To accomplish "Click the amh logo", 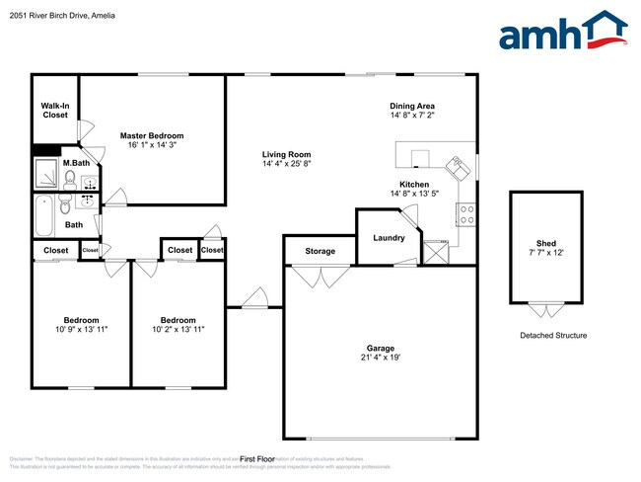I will (x=563, y=31).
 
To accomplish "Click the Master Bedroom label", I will (x=152, y=135).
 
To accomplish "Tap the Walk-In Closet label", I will (x=54, y=110).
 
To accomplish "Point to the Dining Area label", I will (x=412, y=106).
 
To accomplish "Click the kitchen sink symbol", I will (x=459, y=167).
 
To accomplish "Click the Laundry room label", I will (x=389, y=238).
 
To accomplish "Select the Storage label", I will (x=320, y=251).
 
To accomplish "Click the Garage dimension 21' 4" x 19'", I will (x=381, y=360).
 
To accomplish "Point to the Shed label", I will (x=545, y=242).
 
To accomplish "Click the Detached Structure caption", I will (x=553, y=336).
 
